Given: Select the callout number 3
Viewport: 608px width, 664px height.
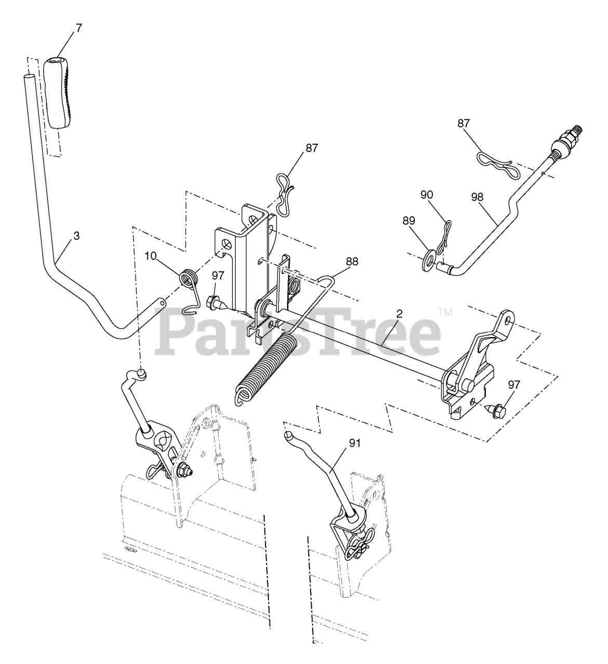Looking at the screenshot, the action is point(76,236).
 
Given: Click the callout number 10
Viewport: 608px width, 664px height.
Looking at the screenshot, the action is point(151,256).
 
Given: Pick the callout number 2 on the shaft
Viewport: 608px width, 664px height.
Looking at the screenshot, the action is point(400,313).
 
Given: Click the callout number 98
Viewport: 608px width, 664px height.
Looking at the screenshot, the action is point(478,197).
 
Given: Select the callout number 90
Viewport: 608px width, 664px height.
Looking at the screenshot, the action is point(427,195).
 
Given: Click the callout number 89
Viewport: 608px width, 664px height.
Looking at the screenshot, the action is point(409,221).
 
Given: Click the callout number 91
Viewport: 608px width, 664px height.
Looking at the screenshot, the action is point(355,443).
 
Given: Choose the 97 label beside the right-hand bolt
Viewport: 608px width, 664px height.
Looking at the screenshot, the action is point(514,384).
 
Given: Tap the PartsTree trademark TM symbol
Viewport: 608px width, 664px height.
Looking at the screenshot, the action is point(445,312).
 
